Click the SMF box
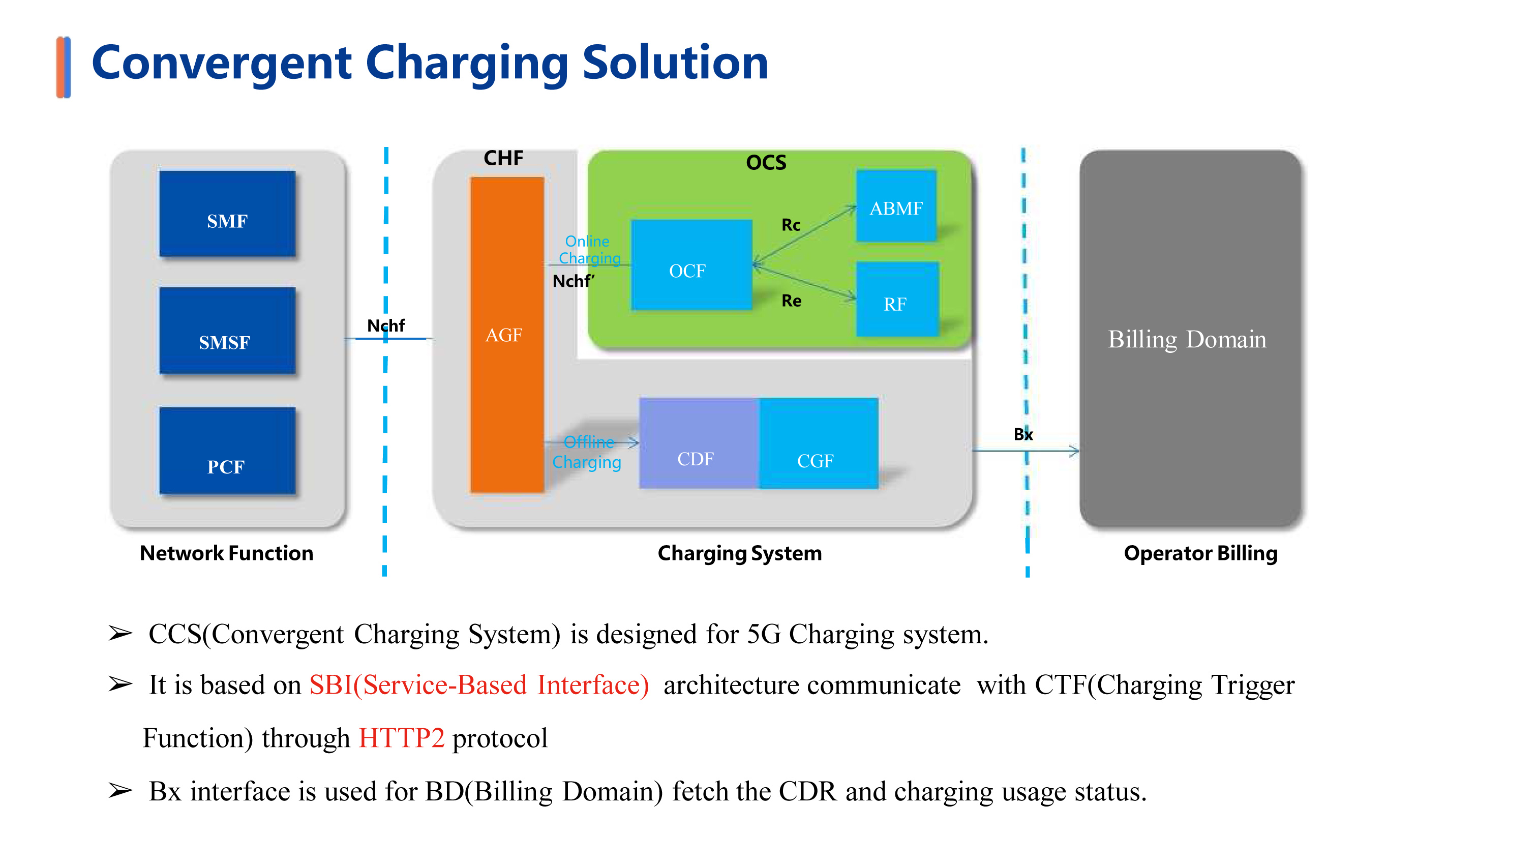(227, 214)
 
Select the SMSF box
(227, 330)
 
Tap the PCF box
(227, 451)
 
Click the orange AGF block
(506, 334)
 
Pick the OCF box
(691, 264)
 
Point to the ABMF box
(895, 205)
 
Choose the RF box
(897, 299)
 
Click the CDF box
(699, 443)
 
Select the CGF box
(818, 443)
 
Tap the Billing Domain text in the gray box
(1187, 339)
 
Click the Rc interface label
(791, 225)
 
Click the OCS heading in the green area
(766, 162)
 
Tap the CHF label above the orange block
(503, 158)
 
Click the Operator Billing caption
(1200, 553)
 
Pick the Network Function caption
(226, 553)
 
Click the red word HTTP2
(402, 738)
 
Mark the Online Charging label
(589, 250)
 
